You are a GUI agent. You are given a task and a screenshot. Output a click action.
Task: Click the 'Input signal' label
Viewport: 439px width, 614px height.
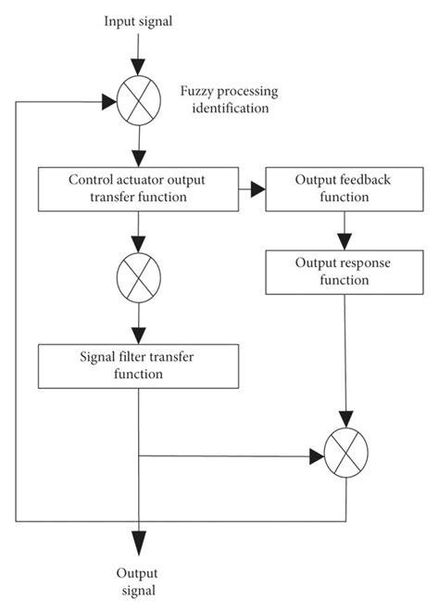(138, 21)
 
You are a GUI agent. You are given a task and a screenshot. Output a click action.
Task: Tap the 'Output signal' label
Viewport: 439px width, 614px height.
(137, 582)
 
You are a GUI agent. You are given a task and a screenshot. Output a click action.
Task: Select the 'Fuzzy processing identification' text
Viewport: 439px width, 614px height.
(230, 99)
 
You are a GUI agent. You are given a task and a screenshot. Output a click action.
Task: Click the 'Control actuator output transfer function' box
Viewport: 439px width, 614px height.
(138, 189)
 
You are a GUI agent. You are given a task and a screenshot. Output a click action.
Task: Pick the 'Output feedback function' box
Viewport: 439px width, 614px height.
(345, 189)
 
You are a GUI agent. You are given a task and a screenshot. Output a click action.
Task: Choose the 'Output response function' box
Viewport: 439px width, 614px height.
(345, 272)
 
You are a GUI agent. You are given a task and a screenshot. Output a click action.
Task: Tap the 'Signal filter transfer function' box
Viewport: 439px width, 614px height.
(138, 366)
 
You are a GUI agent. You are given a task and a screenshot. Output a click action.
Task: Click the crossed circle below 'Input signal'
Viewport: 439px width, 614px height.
(139, 101)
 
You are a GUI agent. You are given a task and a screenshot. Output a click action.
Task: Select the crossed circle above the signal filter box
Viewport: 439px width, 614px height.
(139, 277)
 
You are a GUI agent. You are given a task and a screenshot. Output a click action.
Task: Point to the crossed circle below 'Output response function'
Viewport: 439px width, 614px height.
(346, 453)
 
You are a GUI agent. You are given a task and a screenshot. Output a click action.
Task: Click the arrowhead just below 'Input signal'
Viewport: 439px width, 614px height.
(138, 67)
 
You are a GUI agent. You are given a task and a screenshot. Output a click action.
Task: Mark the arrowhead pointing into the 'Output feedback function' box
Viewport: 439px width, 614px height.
(258, 189)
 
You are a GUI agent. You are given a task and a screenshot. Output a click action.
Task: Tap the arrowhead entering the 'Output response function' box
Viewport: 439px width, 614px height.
(345, 242)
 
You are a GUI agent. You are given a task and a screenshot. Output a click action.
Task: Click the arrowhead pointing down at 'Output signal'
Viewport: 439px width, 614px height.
(139, 544)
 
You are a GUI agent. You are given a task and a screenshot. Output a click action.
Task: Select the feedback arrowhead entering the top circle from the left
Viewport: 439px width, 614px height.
(109, 102)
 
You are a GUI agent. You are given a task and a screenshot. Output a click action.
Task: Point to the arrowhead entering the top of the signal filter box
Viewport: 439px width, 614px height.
(139, 336)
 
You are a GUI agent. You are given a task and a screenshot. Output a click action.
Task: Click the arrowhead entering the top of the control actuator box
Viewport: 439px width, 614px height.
(139, 159)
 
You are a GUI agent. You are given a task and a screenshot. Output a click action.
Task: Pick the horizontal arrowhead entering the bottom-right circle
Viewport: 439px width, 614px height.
(317, 456)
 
